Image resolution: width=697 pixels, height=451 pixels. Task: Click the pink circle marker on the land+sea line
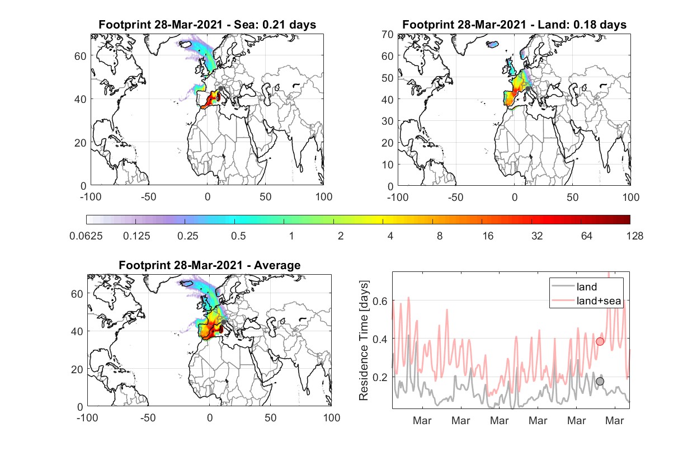(600, 341)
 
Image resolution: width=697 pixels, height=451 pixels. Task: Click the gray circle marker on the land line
(600, 381)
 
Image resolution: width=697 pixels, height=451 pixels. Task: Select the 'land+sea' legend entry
(586, 300)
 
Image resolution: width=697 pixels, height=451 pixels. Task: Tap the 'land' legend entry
(574, 286)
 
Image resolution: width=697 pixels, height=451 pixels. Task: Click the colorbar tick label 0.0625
(86, 236)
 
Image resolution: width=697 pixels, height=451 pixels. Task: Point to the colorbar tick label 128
(634, 236)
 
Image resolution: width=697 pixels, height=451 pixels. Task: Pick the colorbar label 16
(488, 236)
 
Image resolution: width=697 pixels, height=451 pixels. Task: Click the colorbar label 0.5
(238, 236)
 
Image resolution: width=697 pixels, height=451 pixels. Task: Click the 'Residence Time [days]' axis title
(364, 341)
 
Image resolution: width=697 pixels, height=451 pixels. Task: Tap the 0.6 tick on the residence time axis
(380, 301)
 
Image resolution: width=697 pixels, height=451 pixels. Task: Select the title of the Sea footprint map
(207, 25)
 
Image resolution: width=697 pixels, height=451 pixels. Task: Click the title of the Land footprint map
(514, 25)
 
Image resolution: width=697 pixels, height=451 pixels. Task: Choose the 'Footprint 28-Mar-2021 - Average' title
(210, 265)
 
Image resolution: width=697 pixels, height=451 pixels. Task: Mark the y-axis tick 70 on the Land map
(388, 34)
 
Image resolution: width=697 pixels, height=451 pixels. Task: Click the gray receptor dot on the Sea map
(220, 88)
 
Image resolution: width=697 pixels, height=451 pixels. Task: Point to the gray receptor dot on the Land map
(528, 89)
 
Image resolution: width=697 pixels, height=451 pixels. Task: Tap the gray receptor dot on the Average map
(223, 322)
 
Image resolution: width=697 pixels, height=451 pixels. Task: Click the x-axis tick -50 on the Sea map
(148, 197)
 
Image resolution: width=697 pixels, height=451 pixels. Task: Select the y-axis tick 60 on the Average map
(77, 294)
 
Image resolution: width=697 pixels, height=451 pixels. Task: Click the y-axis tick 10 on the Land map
(388, 165)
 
